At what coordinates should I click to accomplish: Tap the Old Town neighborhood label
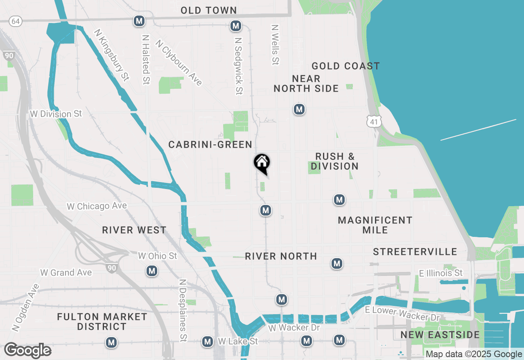tap(209, 10)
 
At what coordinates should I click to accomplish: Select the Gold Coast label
tap(346, 66)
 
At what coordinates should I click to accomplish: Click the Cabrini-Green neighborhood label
tap(210, 144)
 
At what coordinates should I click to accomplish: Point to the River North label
tap(281, 256)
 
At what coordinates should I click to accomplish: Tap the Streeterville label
tap(415, 251)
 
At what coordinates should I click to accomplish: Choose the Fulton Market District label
tap(102, 322)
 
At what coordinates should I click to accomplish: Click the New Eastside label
tap(440, 335)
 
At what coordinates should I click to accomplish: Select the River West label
tap(134, 230)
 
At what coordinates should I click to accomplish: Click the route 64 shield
tap(16, 21)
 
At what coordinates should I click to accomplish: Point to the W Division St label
tap(56, 114)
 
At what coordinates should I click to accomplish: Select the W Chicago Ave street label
tap(97, 206)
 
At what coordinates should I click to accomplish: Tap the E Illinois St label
tap(441, 273)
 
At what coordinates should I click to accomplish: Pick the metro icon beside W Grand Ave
tap(152, 270)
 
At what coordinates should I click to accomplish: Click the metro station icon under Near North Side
tap(299, 109)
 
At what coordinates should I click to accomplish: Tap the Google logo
tap(27, 351)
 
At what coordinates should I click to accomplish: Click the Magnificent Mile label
tap(375, 225)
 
